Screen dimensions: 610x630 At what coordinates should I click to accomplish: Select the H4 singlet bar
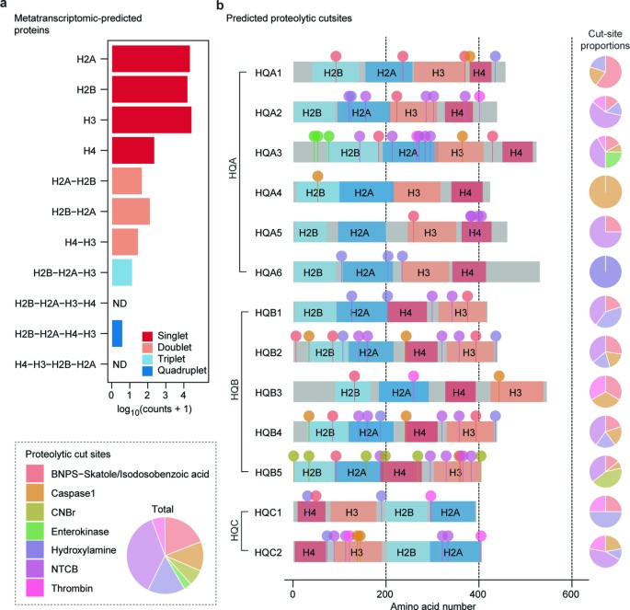click(x=132, y=149)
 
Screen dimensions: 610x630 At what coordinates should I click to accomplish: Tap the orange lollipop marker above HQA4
click(x=318, y=176)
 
